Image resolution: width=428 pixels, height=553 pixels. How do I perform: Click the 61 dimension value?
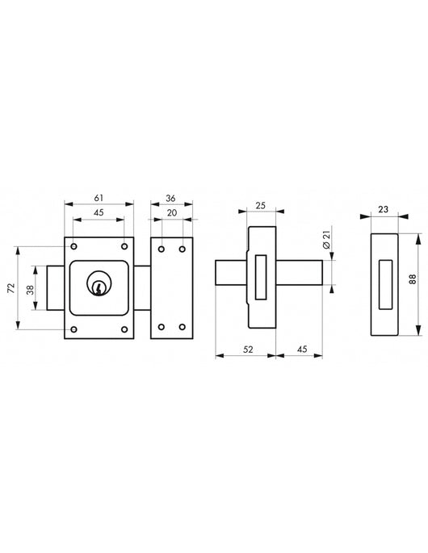pos(99,198)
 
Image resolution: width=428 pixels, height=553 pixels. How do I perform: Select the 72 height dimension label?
pos(11,287)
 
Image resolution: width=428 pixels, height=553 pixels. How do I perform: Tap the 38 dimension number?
pos(31,290)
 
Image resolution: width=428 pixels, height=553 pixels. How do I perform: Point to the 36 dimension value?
pos(170,199)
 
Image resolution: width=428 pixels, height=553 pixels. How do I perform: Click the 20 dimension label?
pos(172,212)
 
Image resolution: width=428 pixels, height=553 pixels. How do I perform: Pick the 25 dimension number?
pos(260,205)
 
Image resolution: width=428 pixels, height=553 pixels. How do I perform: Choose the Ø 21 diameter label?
pos(326,240)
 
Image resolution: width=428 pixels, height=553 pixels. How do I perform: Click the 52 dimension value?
pos(249,349)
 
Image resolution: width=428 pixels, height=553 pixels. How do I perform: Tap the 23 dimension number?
pos(384,209)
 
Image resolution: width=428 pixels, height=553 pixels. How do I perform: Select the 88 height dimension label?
pos(412,279)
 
